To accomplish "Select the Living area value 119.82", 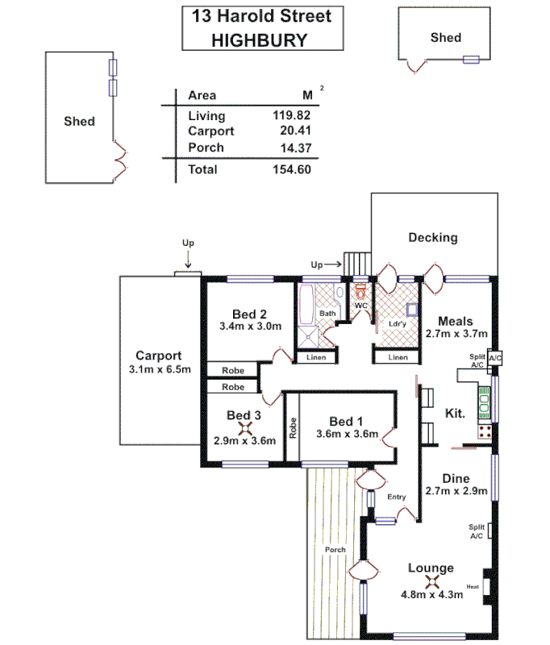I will click(291, 115).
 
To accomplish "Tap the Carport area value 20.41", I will click(294, 131).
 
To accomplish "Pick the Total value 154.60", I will click(291, 169).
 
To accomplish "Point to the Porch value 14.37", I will click(294, 148).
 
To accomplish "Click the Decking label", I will click(432, 237).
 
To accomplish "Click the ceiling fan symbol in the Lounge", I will click(432, 581).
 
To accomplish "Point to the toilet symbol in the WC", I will click(360, 289).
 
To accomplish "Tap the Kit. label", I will click(456, 413).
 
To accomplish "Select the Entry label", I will click(396, 497).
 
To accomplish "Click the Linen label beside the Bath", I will click(316, 357).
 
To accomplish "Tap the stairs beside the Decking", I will click(356, 262).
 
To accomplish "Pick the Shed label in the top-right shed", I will click(445, 37).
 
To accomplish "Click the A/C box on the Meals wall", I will click(495, 358).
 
